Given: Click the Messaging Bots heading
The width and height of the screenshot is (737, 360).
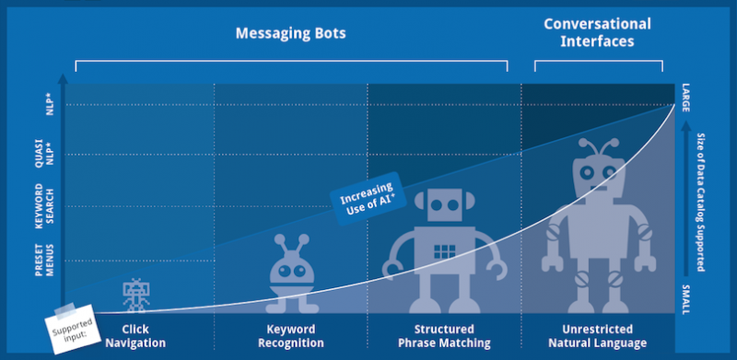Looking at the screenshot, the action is (x=290, y=33).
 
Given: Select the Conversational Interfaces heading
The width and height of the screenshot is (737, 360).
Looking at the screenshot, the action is (x=597, y=32).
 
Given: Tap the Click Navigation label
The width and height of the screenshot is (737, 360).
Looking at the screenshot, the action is (x=135, y=336).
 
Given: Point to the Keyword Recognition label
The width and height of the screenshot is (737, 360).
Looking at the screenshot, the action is (x=291, y=336).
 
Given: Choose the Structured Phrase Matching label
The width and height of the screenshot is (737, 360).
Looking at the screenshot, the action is (x=444, y=336).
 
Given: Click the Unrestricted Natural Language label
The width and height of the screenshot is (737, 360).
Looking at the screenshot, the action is (x=597, y=336).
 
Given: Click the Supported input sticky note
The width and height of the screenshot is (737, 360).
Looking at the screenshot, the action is (x=74, y=329).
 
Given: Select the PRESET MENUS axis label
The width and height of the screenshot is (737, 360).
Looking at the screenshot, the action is (x=45, y=260).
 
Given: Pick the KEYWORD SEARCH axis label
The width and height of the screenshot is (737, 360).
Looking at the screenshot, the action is (x=45, y=206).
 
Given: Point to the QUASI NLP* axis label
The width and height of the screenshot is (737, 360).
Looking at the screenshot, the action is (x=45, y=153).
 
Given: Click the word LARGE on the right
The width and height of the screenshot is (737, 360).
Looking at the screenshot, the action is (x=685, y=98).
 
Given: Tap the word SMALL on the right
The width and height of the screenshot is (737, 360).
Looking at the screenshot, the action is (x=685, y=299).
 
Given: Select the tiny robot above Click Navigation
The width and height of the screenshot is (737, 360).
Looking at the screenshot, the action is (x=135, y=295).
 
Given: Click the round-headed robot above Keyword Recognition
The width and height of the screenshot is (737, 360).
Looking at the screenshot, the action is (x=291, y=273).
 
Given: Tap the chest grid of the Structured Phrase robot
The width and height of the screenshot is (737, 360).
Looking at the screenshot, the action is (x=444, y=251).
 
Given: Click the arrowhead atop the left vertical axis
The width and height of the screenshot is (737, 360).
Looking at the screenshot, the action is (x=63, y=78).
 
